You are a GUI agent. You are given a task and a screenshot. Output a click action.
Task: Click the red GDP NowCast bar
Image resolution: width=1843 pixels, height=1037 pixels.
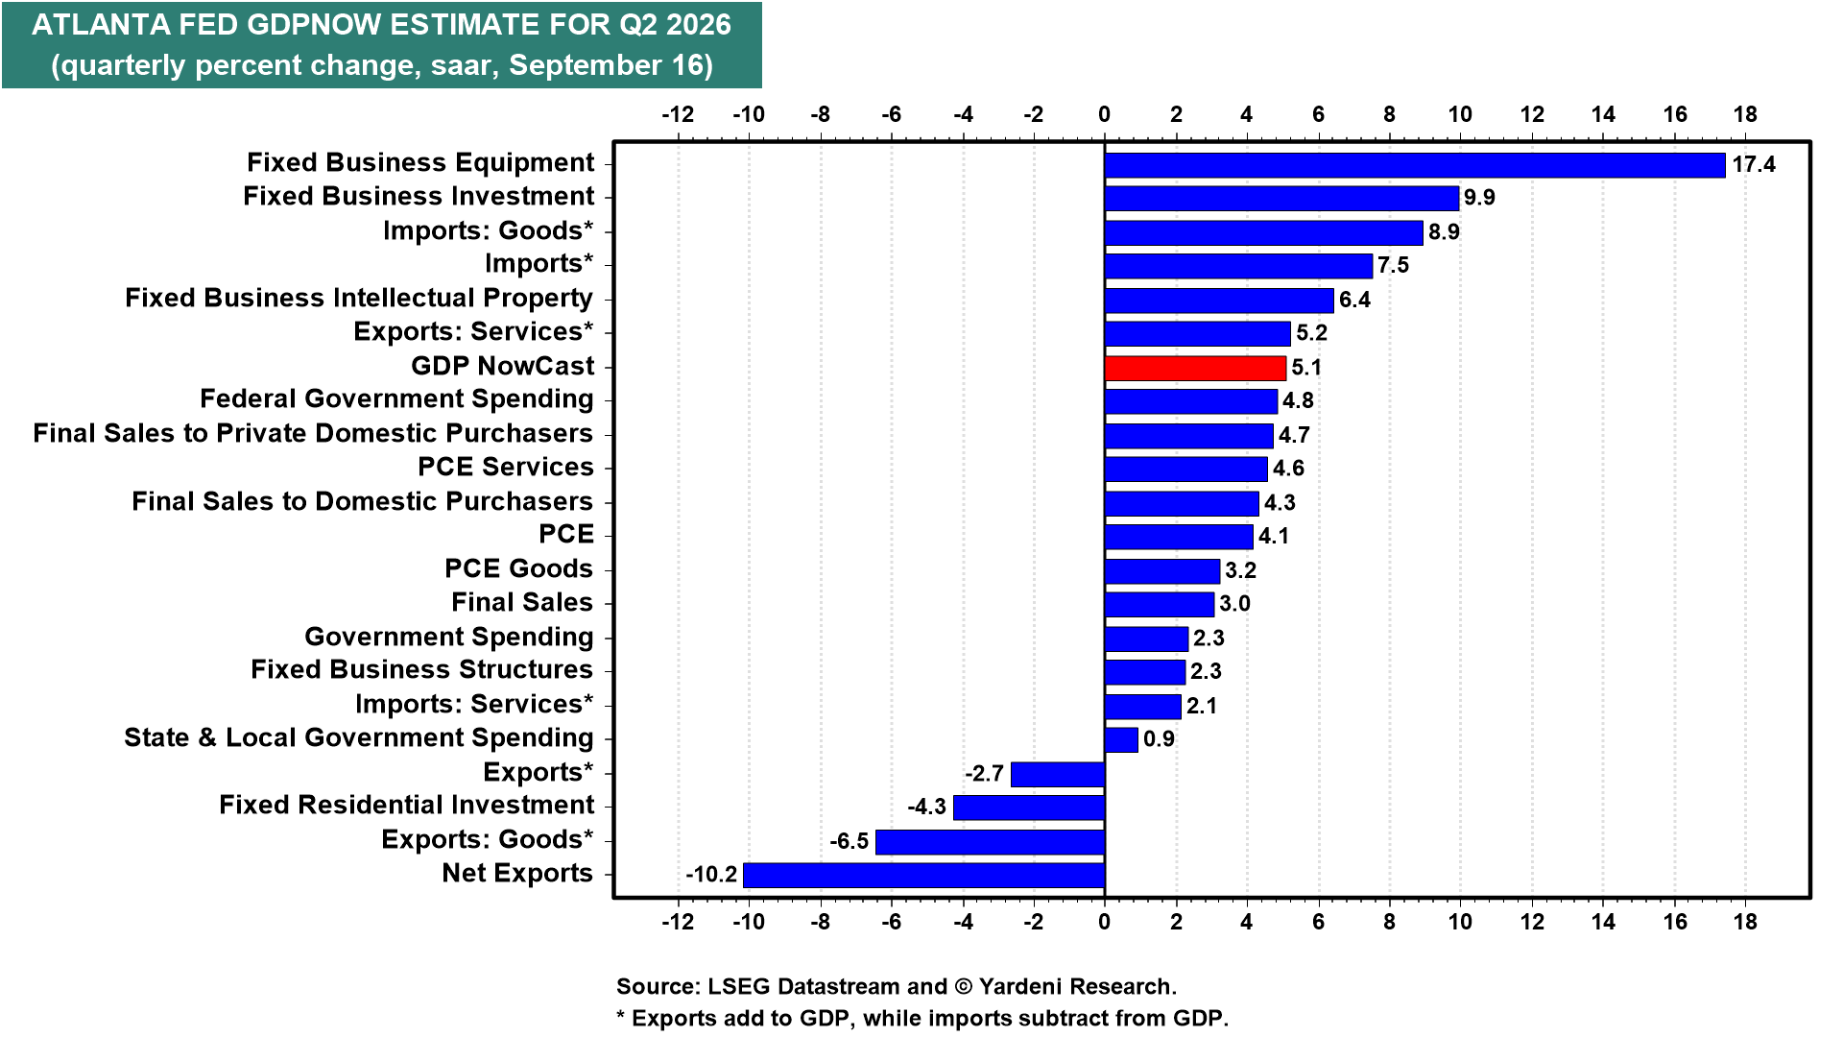click(x=1195, y=368)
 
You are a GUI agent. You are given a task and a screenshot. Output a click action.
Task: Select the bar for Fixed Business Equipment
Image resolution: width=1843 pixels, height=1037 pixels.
click(x=1415, y=165)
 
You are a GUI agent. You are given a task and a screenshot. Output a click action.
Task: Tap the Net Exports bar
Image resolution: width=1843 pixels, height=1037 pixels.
click(x=923, y=875)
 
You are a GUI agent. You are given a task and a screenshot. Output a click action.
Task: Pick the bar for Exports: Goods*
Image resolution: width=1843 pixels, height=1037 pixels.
click(x=990, y=842)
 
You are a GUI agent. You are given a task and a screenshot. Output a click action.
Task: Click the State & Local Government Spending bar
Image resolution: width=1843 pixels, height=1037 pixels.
click(x=1121, y=739)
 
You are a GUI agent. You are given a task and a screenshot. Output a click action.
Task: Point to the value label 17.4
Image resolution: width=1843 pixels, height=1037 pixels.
click(x=1754, y=165)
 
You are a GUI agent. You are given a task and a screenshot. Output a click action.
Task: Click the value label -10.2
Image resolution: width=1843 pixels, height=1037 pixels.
click(x=711, y=875)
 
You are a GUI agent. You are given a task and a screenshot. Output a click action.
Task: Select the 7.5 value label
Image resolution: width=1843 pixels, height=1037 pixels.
click(x=1394, y=266)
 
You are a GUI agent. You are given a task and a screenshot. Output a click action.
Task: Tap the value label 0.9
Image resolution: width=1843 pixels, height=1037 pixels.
click(x=1159, y=739)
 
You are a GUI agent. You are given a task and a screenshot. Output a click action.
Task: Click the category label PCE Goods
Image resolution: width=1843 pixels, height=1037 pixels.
click(x=518, y=568)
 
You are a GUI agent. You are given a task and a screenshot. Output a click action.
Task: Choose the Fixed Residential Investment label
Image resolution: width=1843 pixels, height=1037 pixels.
click(x=406, y=805)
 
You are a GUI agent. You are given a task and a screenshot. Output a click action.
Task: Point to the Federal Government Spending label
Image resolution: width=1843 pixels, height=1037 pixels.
click(x=396, y=398)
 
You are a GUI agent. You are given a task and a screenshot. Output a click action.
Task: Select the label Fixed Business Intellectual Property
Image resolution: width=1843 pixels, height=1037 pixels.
click(x=359, y=298)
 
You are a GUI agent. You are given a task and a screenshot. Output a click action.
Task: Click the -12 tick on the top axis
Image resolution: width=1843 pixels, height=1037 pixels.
click(x=678, y=114)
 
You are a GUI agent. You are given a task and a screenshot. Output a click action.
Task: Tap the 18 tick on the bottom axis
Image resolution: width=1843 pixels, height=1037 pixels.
click(x=1745, y=922)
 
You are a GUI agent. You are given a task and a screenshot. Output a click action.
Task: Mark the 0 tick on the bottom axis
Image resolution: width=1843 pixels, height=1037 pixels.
click(x=1105, y=922)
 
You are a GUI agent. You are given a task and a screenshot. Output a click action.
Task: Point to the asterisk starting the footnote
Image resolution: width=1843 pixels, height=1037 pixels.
click(x=621, y=1016)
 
